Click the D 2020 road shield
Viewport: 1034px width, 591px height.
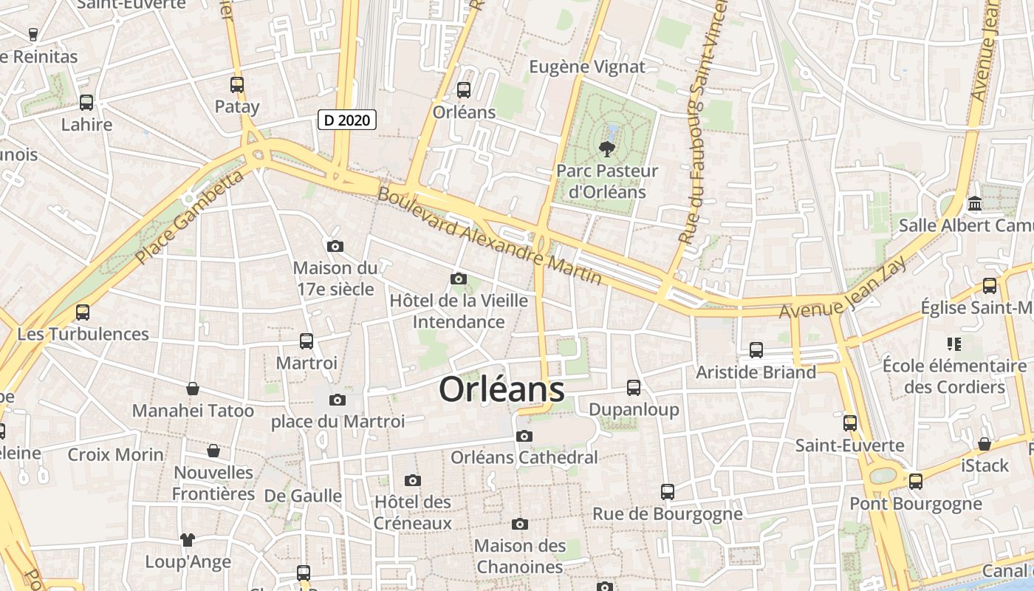tap(347, 120)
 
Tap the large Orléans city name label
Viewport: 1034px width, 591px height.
tap(501, 390)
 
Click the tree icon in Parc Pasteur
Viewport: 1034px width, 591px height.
tap(607, 149)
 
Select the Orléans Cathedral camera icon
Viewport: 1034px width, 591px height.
tap(524, 436)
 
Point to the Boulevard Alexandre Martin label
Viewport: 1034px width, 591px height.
tap(490, 235)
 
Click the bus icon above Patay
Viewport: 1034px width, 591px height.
tap(237, 85)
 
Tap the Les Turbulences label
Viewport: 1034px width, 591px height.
tap(83, 334)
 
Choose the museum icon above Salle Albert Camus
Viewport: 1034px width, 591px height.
tap(975, 203)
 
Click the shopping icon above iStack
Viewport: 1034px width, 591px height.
tap(985, 444)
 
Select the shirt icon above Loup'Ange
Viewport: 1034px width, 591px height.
tap(188, 540)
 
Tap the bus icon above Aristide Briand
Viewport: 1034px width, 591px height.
tap(756, 350)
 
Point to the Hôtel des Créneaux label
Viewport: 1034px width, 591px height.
tap(413, 513)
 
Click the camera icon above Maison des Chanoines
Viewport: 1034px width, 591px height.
tap(520, 524)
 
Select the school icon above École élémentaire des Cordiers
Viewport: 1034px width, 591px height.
tap(953, 344)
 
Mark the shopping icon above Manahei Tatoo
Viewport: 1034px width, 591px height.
tap(193, 389)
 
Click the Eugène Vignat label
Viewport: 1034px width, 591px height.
tap(587, 67)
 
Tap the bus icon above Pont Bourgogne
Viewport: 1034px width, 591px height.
tap(916, 482)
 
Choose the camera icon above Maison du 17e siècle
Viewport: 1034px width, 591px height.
tap(335, 246)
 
